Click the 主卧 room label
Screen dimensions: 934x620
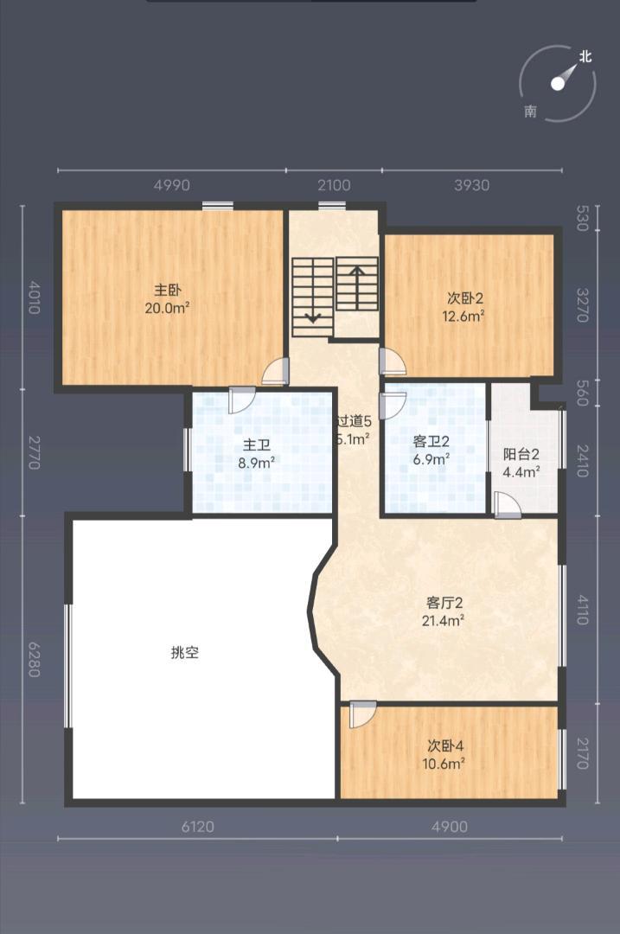167,290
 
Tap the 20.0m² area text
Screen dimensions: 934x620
167,307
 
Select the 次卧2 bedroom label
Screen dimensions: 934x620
464,297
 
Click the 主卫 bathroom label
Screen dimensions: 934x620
256,445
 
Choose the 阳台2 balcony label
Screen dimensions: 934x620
521,454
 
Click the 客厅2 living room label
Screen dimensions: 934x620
445,602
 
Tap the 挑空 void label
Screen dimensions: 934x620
185,653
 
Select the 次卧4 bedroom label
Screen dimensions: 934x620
445,745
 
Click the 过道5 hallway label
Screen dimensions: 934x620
355,421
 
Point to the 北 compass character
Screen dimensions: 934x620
585,57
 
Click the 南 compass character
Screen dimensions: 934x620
530,112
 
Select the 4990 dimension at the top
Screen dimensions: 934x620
171,185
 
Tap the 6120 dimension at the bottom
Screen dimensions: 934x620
198,827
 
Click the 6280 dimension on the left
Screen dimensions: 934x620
35,658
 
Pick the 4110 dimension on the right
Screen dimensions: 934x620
582,607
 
